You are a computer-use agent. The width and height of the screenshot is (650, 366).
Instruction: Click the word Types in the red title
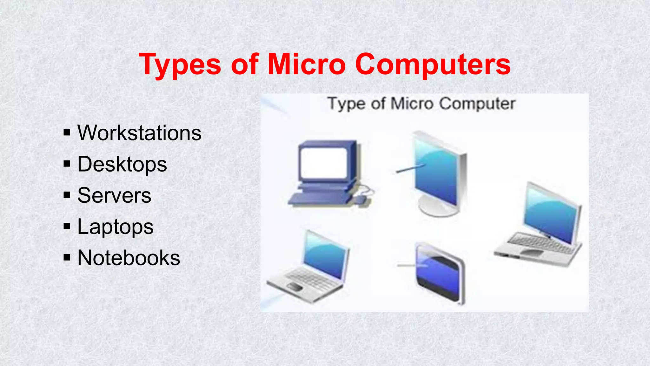pyautogui.click(x=180, y=65)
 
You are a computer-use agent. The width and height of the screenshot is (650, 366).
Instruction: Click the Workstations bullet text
pyautogui.click(x=139, y=133)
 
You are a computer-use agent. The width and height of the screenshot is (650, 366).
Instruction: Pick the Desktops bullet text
pyautogui.click(x=122, y=164)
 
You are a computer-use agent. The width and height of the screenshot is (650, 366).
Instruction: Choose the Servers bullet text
pyautogui.click(x=114, y=195)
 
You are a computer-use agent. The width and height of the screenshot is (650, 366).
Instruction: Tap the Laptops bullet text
pyautogui.click(x=116, y=227)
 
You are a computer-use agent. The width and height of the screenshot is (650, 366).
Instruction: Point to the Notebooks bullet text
pyautogui.click(x=129, y=258)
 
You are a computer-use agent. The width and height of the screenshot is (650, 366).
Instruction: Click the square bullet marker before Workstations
pyautogui.click(x=67, y=132)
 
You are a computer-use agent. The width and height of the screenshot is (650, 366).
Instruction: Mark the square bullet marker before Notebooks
pyautogui.click(x=67, y=257)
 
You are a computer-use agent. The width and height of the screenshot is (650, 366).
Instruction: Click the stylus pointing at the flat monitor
pyautogui.click(x=410, y=168)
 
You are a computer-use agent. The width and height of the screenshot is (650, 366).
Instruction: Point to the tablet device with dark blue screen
pyautogui.click(x=440, y=273)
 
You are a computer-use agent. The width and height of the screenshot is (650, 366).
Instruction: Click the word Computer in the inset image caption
pyautogui.click(x=477, y=104)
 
